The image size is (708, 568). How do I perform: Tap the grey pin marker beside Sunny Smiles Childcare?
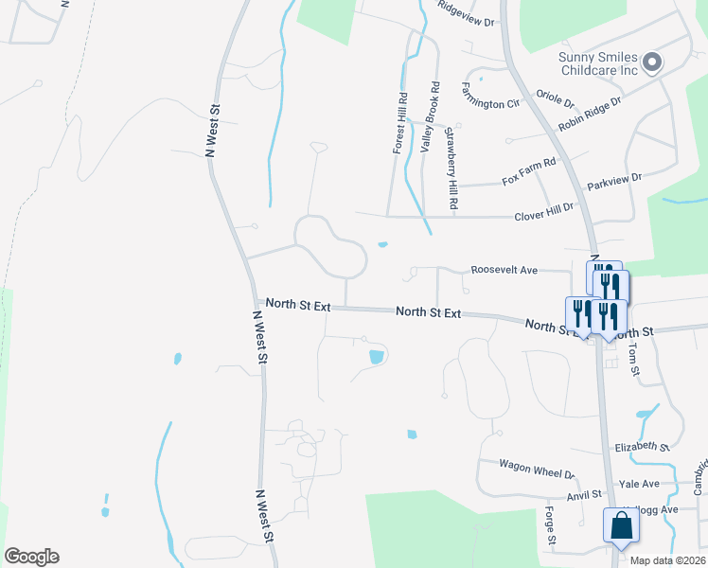(x=651, y=63)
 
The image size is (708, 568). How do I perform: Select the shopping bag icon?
(x=621, y=526)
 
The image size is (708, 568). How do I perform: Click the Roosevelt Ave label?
(x=504, y=271)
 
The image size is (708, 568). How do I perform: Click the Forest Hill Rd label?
(x=400, y=123)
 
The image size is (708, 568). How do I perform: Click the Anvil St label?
(x=584, y=494)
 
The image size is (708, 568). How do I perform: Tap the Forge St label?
(x=550, y=526)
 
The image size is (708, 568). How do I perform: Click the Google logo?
(x=31, y=557)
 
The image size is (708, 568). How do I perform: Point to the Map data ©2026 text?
(x=668, y=560)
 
